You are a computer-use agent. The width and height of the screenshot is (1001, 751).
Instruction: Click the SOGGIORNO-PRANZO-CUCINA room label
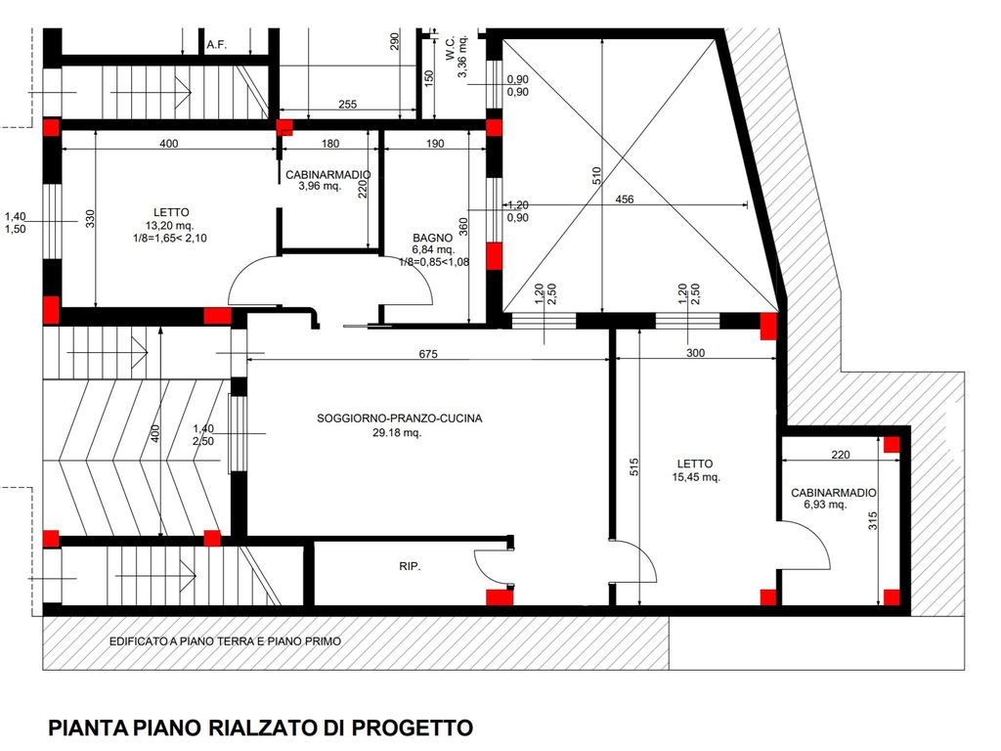399,419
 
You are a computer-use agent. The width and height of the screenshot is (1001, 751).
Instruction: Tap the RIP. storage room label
410,566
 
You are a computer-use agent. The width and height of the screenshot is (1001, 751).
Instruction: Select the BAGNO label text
432,239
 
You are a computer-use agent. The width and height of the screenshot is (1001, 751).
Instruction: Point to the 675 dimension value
428,354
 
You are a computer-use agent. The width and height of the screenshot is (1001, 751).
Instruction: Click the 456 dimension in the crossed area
625,199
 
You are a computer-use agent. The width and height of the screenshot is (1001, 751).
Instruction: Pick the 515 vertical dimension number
633,467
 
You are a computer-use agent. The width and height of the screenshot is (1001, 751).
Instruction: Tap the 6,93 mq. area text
825,505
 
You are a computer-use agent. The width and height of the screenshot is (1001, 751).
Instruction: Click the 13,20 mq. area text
169,226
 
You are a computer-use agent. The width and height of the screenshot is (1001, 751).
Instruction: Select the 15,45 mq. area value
696,477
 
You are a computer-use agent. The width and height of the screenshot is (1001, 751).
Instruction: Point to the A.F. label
217,45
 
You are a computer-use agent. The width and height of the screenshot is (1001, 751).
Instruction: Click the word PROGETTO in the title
413,728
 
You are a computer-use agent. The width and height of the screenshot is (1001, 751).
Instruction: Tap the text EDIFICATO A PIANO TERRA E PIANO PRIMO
226,641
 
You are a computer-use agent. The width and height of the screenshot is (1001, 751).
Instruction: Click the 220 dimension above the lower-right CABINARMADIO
841,455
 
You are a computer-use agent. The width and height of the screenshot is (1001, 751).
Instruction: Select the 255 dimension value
347,104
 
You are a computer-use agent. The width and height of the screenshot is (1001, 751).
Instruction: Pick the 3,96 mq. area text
320,187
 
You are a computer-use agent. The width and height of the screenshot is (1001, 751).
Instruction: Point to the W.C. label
451,49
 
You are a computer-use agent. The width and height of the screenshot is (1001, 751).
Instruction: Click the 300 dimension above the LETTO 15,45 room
695,353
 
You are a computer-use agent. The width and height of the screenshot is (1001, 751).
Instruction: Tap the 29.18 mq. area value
397,432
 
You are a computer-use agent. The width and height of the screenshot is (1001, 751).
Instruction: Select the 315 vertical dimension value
873,521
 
